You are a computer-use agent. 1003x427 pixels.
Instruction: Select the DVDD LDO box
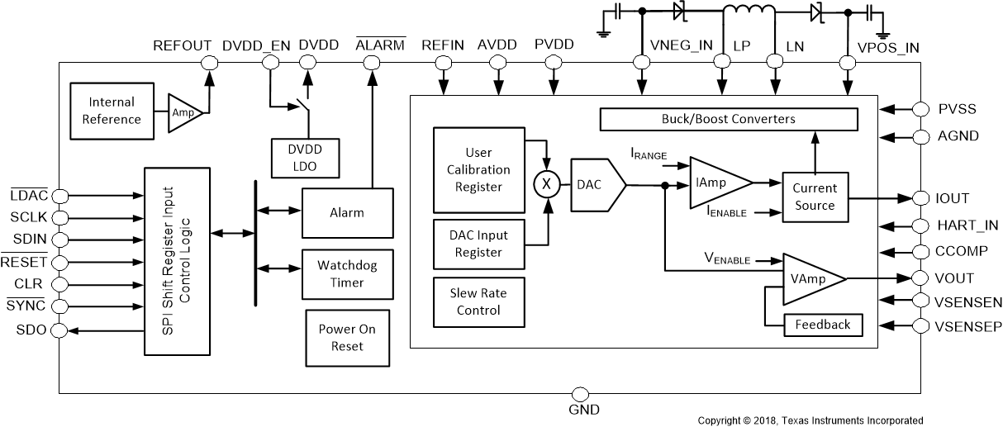(305, 158)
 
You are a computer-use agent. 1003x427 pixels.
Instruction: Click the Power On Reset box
(346, 337)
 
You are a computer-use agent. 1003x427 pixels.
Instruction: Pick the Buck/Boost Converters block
(728, 119)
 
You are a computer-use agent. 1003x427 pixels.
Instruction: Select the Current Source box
(815, 197)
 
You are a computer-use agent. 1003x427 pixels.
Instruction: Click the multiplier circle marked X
(544, 186)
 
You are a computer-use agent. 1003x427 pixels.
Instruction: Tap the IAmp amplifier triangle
(715, 183)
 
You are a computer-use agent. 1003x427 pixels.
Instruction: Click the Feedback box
(822, 325)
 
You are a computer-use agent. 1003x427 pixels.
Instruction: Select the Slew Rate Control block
(478, 301)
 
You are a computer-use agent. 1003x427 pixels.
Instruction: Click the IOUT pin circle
(922, 198)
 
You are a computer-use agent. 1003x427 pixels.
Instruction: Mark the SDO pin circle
(59, 330)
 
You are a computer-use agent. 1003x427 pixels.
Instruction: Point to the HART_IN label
(967, 225)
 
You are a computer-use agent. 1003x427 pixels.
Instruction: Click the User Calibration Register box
(478, 169)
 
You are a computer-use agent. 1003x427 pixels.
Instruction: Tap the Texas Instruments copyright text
(810, 420)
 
